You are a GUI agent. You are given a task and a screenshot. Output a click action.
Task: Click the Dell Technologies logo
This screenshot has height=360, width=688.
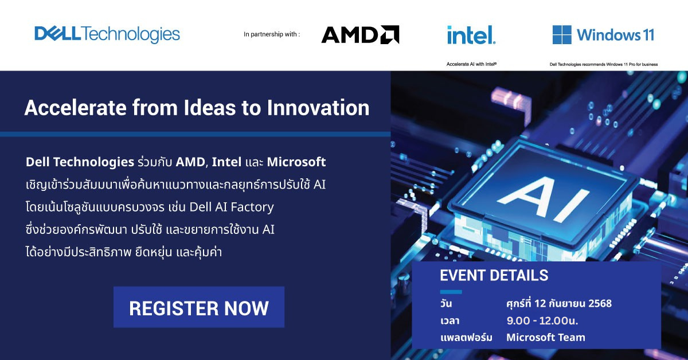coord(107,34)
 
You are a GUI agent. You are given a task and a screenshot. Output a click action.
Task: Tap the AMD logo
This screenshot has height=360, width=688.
coord(360,34)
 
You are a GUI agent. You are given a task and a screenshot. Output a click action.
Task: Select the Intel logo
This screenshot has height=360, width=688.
coord(471,35)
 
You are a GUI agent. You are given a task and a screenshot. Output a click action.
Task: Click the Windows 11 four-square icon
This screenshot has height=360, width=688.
coord(562,35)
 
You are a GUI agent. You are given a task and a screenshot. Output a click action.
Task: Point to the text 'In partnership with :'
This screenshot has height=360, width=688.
coord(272,34)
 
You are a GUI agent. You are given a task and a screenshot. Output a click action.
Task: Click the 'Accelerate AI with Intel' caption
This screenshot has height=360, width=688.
coord(471,64)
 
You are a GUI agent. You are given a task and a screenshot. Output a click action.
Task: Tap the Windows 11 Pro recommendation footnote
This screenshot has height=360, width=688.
coord(604,65)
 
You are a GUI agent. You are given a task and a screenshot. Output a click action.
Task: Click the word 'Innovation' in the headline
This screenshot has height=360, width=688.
coord(318,108)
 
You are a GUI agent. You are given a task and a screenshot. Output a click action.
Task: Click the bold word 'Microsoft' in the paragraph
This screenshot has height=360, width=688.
coord(296,162)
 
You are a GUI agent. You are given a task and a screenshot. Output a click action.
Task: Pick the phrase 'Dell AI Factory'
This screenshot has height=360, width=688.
coord(232,207)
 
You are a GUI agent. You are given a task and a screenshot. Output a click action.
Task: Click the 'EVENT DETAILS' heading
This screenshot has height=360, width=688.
coord(494,275)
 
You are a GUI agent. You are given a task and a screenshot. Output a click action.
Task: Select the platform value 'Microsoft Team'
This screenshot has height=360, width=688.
coord(546,337)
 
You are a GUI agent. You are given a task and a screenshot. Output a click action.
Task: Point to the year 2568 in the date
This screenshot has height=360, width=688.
coord(600,303)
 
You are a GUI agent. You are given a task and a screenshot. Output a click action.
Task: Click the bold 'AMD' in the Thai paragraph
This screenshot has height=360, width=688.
coord(190,162)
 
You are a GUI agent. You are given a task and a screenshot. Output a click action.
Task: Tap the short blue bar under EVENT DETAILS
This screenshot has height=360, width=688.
coord(451,292)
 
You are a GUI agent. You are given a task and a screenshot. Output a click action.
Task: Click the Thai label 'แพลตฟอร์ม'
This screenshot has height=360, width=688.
coord(466,338)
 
